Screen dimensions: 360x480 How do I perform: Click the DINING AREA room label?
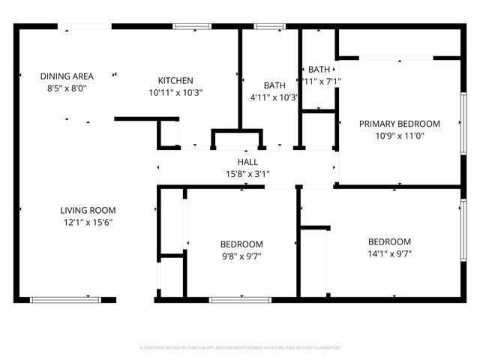click(x=67, y=76)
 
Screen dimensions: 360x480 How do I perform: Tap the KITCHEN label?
click(x=175, y=81)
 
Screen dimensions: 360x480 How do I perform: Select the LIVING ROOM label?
click(x=88, y=210)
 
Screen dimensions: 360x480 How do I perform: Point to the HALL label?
click(x=247, y=162)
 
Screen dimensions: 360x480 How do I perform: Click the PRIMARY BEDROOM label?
click(x=399, y=124)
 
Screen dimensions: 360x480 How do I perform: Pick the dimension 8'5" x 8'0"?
click(x=67, y=87)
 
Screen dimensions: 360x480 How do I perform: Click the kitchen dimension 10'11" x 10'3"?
click(x=175, y=93)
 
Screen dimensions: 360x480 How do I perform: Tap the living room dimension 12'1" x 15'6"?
click(x=88, y=222)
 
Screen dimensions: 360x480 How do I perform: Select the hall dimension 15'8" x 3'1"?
click(x=247, y=174)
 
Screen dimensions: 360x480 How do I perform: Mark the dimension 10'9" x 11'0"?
click(x=399, y=136)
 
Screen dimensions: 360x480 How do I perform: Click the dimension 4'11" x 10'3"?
click(x=274, y=97)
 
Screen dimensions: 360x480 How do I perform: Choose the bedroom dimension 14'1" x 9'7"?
click(x=389, y=253)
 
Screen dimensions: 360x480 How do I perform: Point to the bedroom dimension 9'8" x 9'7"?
click(x=241, y=256)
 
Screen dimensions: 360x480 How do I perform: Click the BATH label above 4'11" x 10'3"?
click(x=274, y=85)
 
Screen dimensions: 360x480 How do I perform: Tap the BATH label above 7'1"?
click(x=319, y=69)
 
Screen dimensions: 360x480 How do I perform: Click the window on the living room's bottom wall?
click(x=65, y=300)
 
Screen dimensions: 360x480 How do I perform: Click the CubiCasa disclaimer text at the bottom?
click(x=240, y=348)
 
